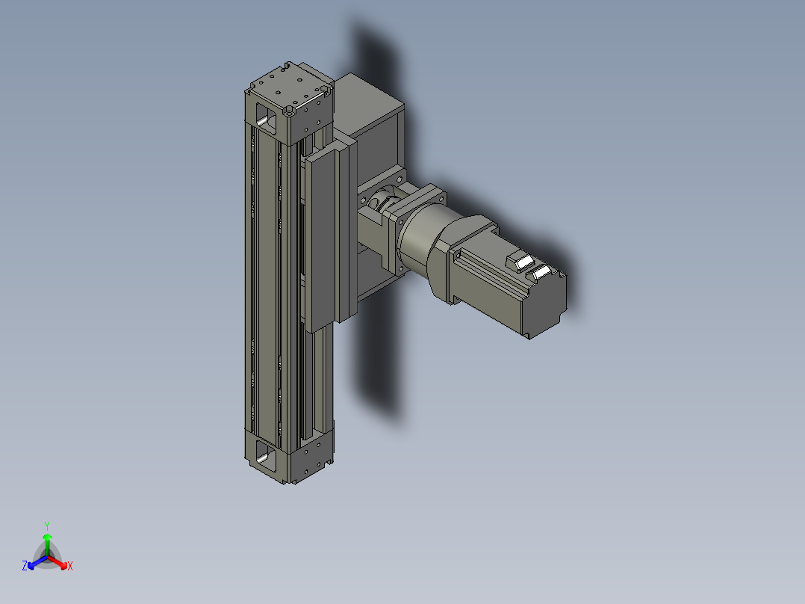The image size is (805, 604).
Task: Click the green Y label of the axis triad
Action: (x=47, y=525)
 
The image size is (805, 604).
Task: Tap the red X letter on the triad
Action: (x=69, y=567)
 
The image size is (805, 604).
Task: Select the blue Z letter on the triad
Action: (x=25, y=566)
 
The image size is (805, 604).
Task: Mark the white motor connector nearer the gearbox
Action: (x=518, y=261)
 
